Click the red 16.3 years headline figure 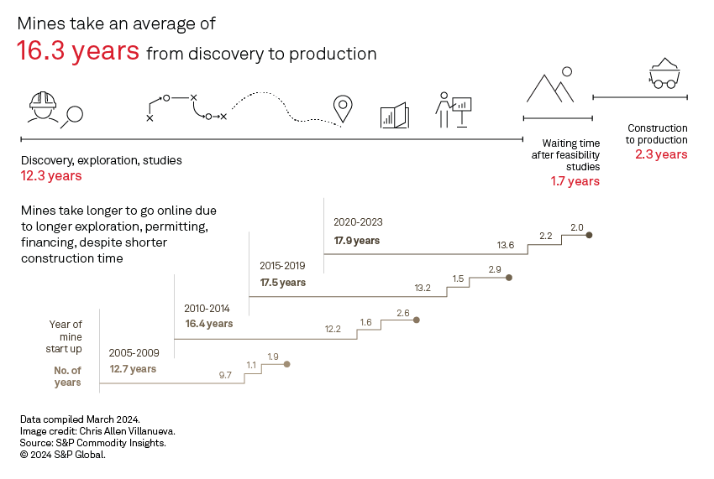click(78, 51)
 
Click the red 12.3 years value click(51, 176)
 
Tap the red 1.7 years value click(575, 181)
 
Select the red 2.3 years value click(661, 154)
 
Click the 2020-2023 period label click(358, 223)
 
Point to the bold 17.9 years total click(357, 241)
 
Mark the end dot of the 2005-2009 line click(287, 364)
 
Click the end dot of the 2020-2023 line click(590, 236)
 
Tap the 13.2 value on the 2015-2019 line click(423, 288)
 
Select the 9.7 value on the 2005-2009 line click(225, 375)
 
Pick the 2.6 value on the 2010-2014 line click(402, 313)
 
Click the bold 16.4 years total click(209, 324)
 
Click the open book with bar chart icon click(394, 116)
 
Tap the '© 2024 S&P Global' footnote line click(63, 455)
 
